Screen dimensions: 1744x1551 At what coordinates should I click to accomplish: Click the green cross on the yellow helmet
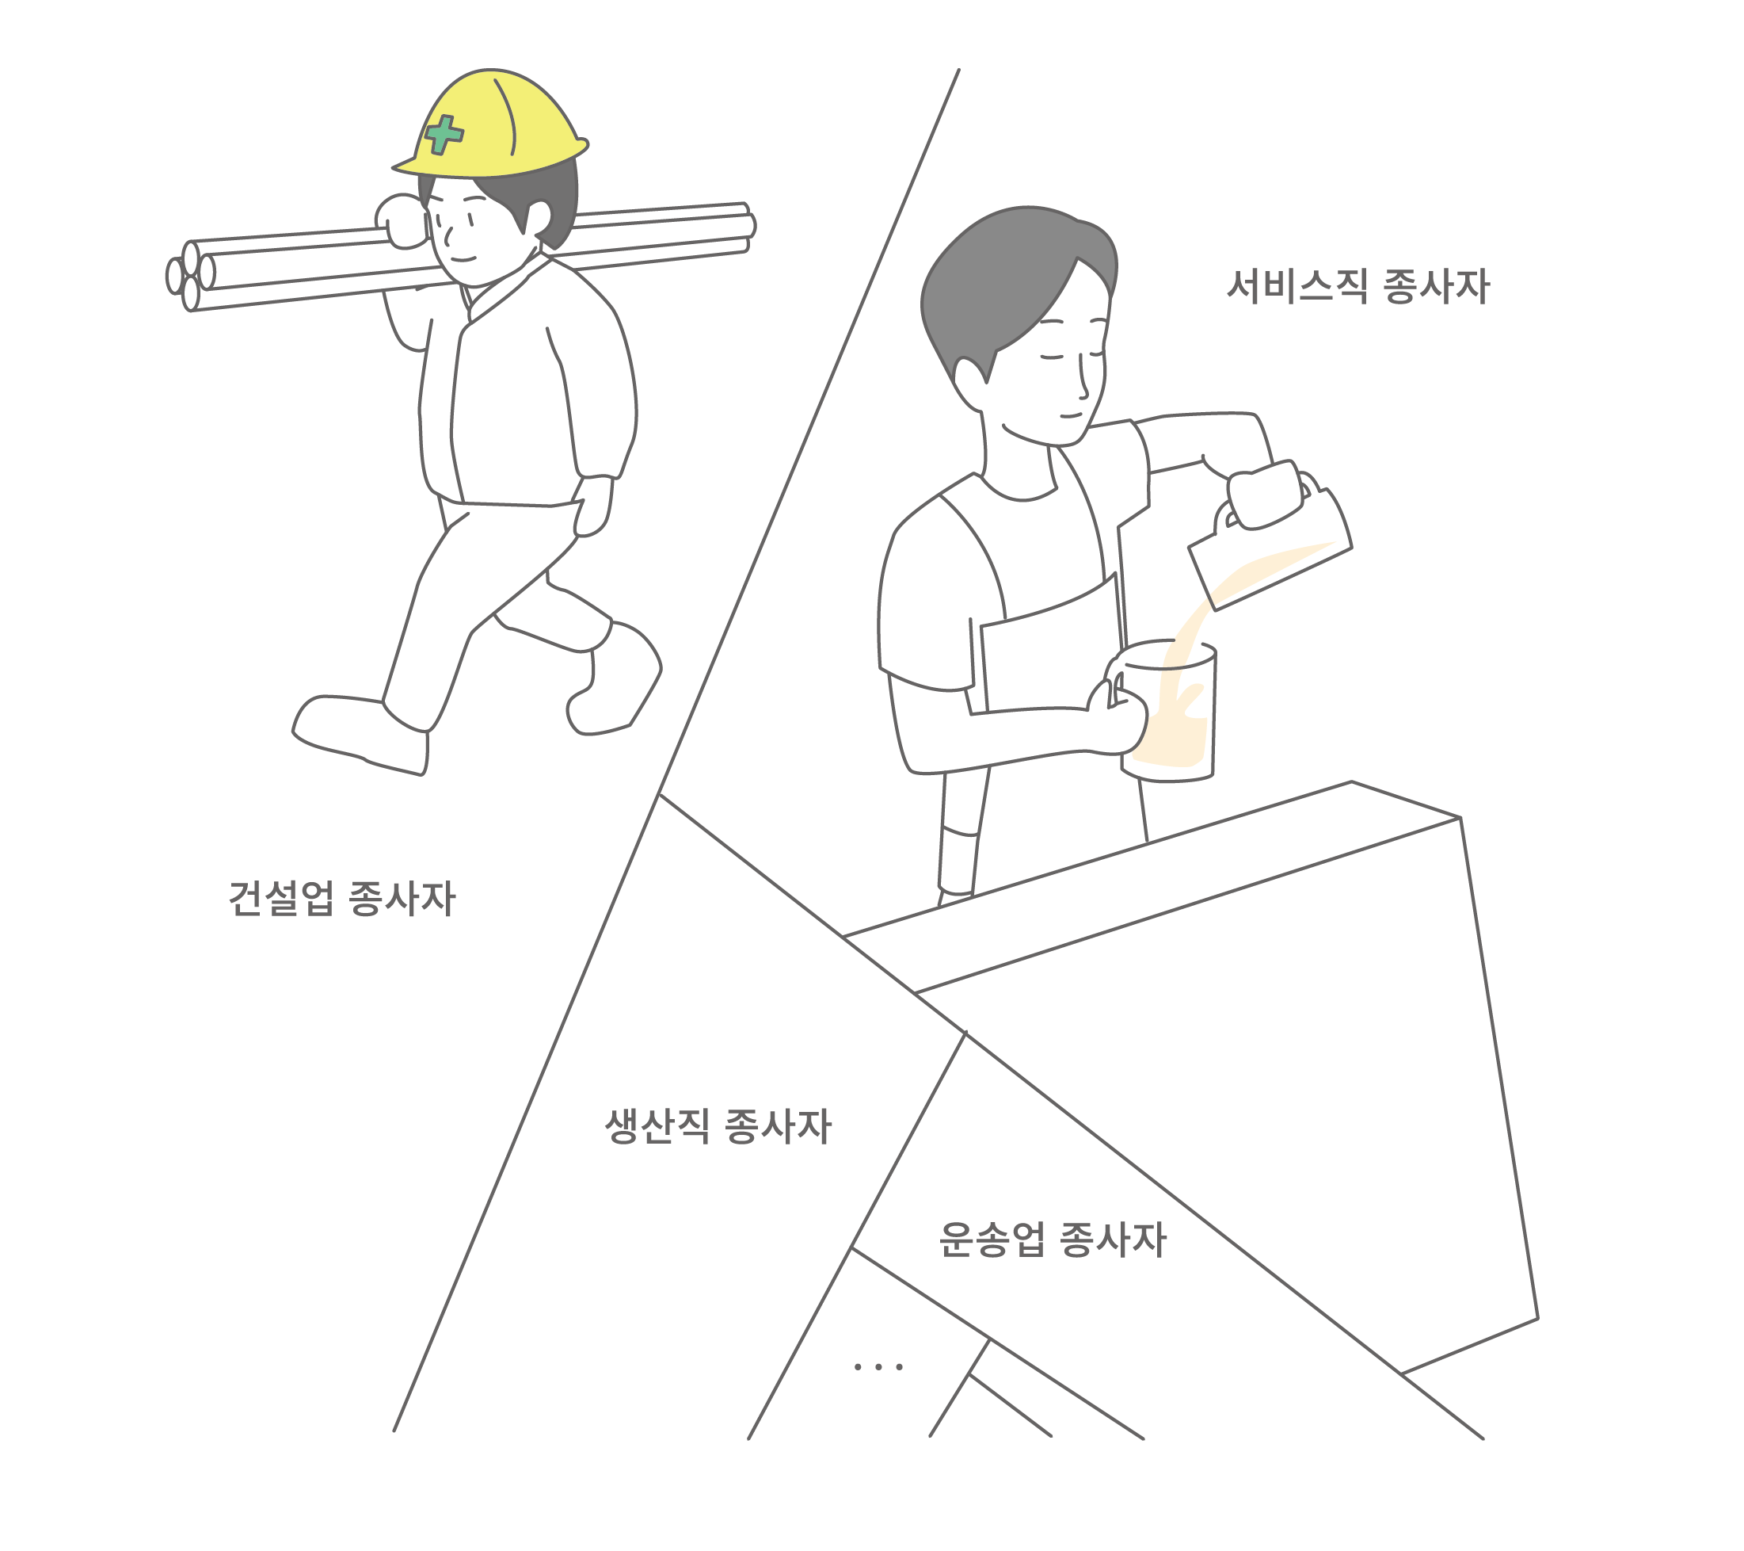click(444, 135)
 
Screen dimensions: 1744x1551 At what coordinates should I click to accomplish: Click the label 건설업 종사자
click(342, 898)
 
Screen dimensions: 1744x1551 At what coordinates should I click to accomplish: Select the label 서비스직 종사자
click(1358, 286)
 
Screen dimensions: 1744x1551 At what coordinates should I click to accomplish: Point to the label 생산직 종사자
click(718, 1126)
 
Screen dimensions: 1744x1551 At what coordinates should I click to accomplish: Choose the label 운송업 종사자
click(1052, 1240)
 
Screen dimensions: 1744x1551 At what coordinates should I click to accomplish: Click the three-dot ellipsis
click(878, 1366)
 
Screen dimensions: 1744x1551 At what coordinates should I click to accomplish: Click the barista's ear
click(969, 383)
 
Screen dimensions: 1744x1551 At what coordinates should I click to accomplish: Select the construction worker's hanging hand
click(594, 506)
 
